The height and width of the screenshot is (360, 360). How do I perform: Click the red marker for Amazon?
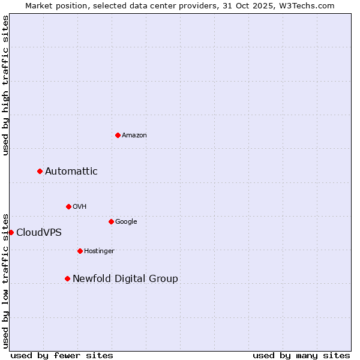pos(118,135)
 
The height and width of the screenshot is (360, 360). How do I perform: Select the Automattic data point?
pos(40,172)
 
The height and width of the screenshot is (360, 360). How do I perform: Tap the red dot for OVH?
pos(68,206)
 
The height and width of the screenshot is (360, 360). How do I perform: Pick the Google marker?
pos(111,221)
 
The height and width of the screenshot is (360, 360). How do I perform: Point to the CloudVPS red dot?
pos(11,232)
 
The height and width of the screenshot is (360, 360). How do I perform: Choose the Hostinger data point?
pos(80,251)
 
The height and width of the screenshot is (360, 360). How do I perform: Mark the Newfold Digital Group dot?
pos(67,278)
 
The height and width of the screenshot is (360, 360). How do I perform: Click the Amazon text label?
pos(134,136)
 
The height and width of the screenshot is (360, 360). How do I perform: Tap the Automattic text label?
pos(71,172)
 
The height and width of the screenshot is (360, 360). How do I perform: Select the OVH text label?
pos(80,207)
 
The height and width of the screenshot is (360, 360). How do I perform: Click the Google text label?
pos(126,222)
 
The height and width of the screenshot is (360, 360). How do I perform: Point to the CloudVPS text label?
pos(39,233)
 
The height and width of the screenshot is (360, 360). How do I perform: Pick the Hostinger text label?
pos(99,251)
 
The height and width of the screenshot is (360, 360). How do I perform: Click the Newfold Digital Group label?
pos(125,279)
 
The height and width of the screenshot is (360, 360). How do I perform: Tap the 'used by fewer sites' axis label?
pos(62,355)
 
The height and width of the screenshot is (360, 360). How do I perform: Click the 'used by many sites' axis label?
pos(301,355)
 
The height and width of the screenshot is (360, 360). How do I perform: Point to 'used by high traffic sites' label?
pos(5,85)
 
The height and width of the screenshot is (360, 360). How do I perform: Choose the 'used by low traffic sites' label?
pos(5,280)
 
